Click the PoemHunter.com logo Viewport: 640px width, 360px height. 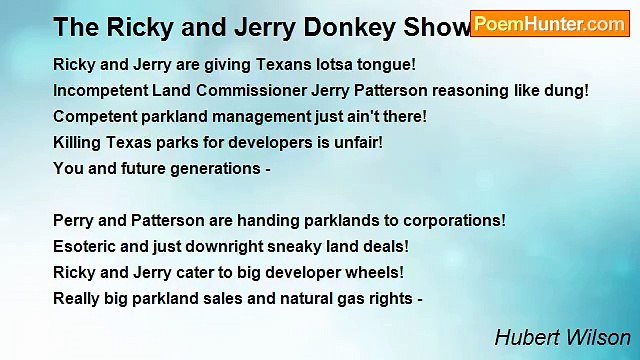click(549, 24)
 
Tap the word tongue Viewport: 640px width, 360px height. click(389, 65)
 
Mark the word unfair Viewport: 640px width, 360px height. click(355, 143)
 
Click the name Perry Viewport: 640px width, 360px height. click(73, 220)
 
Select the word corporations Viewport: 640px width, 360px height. click(454, 220)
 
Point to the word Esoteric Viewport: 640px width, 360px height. click(85, 246)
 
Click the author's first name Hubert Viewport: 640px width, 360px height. click(523, 338)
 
